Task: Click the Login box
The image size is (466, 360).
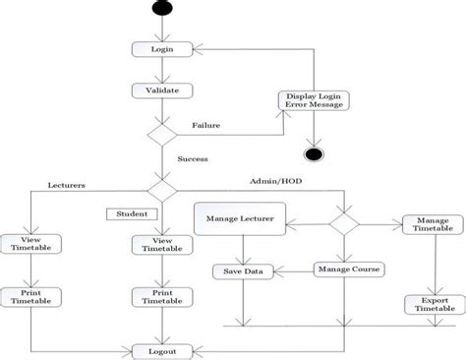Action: (x=160, y=48)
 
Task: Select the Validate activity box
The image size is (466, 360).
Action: (x=160, y=90)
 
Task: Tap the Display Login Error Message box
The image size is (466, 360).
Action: (x=314, y=101)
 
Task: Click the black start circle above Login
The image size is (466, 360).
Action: (x=160, y=9)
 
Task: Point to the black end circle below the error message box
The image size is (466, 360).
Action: (x=314, y=154)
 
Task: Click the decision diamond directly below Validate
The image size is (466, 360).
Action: (x=160, y=134)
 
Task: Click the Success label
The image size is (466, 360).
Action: (x=194, y=157)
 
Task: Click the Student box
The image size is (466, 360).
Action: (x=131, y=212)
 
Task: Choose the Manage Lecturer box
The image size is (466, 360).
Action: (x=240, y=218)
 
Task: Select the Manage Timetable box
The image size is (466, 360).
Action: (x=431, y=225)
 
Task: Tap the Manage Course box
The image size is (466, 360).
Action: (x=348, y=269)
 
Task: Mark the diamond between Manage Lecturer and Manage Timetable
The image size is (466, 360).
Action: (x=343, y=223)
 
